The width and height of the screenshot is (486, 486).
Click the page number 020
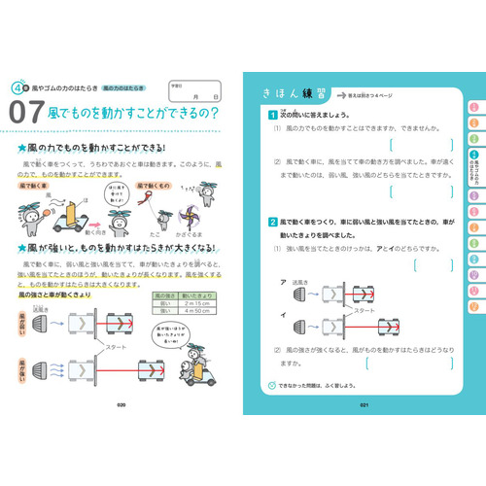tap(121, 405)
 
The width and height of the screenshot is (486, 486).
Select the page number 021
tap(362, 405)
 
